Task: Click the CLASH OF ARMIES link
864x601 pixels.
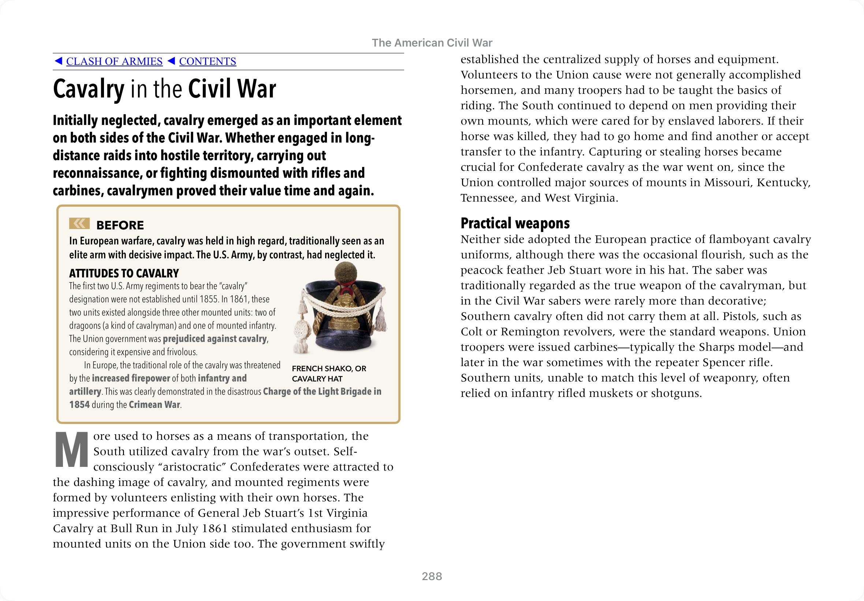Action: (x=114, y=61)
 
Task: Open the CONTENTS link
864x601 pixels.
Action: (x=208, y=61)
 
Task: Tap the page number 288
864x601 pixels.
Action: (x=432, y=576)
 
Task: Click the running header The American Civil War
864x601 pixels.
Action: (x=432, y=43)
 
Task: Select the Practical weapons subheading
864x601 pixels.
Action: (x=515, y=223)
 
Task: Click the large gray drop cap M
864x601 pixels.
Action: (x=71, y=450)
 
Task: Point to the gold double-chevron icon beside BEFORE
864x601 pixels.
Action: (x=79, y=224)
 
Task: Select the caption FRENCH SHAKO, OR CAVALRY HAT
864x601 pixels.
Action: (x=329, y=373)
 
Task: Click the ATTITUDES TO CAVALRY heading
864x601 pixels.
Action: (x=124, y=273)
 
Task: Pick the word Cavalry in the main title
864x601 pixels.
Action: (x=88, y=89)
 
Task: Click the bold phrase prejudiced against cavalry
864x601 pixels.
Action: (x=215, y=339)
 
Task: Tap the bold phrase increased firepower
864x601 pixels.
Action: (x=131, y=378)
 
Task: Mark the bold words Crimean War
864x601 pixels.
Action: (x=154, y=405)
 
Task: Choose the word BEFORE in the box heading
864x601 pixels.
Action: (x=120, y=225)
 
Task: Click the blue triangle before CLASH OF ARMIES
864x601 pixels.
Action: (x=58, y=61)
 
